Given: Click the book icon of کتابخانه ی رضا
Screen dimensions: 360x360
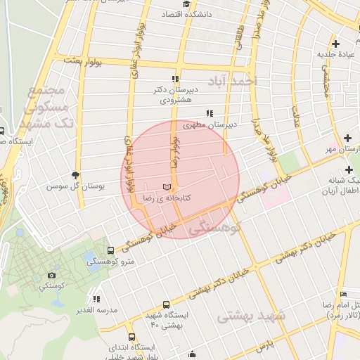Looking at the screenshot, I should [x=166, y=187].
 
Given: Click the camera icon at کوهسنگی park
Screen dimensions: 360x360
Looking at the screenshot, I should [x=51, y=275].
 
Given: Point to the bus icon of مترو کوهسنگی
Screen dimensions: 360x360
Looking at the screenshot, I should [x=110, y=250].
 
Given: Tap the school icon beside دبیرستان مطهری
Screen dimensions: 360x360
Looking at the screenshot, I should [x=209, y=113].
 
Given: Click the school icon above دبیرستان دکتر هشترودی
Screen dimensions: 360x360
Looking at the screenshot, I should [x=174, y=79].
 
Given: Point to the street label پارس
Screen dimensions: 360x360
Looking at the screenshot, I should [x=263, y=347].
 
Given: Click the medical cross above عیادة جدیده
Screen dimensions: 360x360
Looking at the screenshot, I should [x=336, y=44].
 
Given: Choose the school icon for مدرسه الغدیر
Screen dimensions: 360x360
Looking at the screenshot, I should [x=96, y=300].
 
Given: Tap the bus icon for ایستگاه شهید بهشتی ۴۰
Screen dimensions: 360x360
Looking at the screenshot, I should [x=166, y=305].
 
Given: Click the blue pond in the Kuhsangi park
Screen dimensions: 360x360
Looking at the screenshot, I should [x=89, y=257].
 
